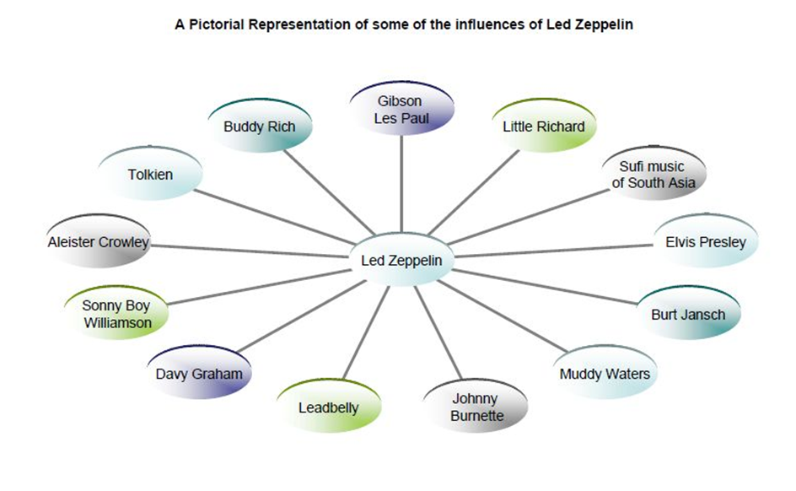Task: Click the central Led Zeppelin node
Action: pyautogui.click(x=401, y=260)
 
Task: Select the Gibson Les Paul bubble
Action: pyautogui.click(x=401, y=110)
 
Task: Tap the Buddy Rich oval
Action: pyautogui.click(x=260, y=127)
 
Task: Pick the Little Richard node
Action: pyautogui.click(x=543, y=127)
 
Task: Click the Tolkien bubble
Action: pyautogui.click(x=151, y=175)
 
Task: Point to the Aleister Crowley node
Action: pyautogui.click(x=99, y=242)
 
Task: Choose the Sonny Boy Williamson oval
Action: pyautogui.click(x=117, y=314)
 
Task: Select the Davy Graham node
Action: pyautogui.click(x=199, y=374)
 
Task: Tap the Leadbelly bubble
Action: pyautogui.click(x=328, y=408)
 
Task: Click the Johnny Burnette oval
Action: pyautogui.click(x=476, y=407)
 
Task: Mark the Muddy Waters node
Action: pyautogui.click(x=604, y=374)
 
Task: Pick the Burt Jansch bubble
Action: pyautogui.click(x=687, y=315)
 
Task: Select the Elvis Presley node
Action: pyautogui.click(x=705, y=242)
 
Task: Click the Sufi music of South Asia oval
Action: pyautogui.click(x=653, y=175)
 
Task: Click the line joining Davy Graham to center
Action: pyautogui.click(x=295, y=320)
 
